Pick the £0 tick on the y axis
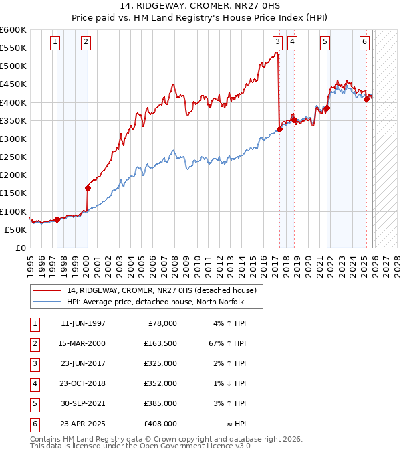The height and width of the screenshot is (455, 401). point(20,248)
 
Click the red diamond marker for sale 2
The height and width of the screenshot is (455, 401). point(88,188)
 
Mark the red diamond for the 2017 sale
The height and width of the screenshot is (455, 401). point(279,130)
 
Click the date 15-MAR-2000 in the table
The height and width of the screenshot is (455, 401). point(83,343)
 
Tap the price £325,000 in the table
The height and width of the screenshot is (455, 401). point(161,363)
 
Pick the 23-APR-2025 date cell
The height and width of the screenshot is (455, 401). point(83,424)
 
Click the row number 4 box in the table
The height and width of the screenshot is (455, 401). point(34,383)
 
